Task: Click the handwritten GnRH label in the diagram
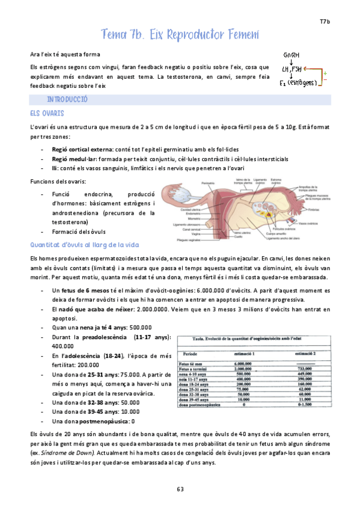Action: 292,55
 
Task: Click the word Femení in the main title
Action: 239,34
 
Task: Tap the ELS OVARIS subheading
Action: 47,113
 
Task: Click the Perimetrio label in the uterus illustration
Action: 207,182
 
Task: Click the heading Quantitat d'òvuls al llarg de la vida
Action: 85,245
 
